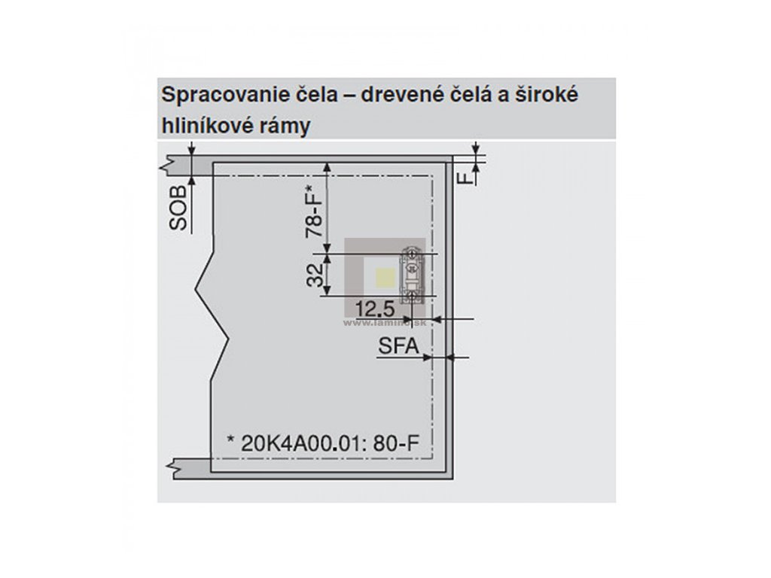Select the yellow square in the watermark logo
pos(384,278)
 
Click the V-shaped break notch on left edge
pos(198,289)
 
